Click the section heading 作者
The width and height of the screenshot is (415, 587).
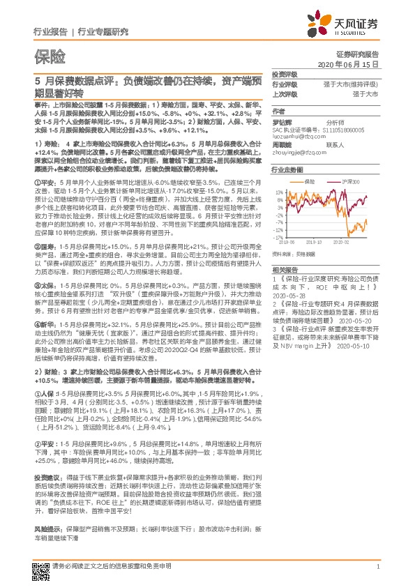pos(278,110)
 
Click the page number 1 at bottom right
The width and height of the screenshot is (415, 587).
pos(377,567)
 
